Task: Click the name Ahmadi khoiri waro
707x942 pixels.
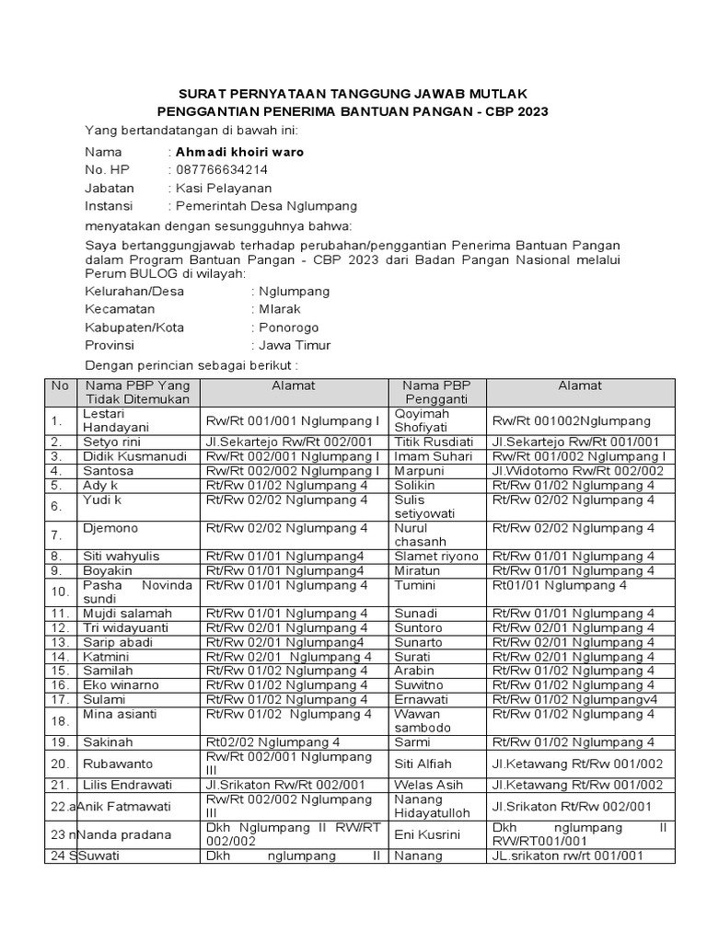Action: [239, 152]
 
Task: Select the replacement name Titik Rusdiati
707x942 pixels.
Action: [435, 442]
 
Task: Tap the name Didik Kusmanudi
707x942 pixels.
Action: [134, 456]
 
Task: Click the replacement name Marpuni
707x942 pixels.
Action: [419, 471]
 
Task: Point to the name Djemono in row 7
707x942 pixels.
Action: [110, 529]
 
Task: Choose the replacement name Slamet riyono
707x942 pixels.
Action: [436, 557]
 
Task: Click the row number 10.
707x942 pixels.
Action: [60, 592]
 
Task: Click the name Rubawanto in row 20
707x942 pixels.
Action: [118, 764]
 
